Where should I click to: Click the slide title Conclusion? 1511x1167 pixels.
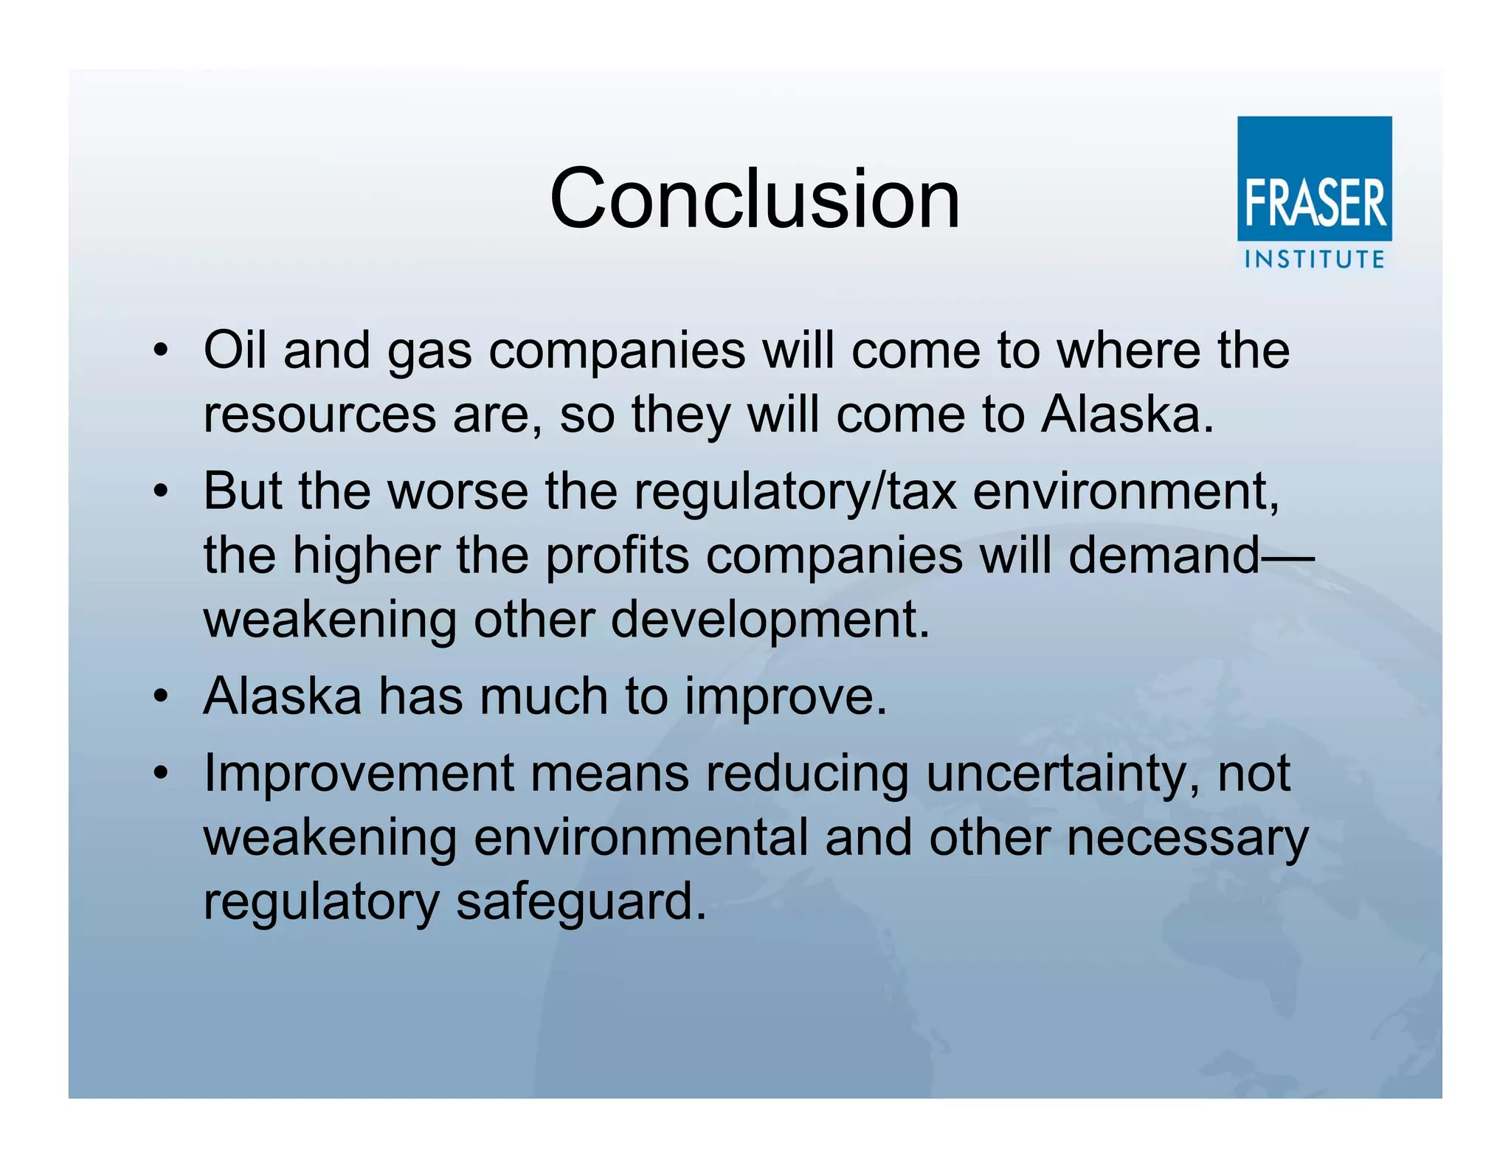pyautogui.click(x=755, y=198)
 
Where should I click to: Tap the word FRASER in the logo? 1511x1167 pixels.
pyautogui.click(x=1314, y=204)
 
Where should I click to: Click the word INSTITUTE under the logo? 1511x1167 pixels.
pyautogui.click(x=1314, y=260)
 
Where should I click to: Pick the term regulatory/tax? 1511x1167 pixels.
pyautogui.click(x=795, y=493)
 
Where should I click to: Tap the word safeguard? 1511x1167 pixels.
pyautogui.click(x=580, y=902)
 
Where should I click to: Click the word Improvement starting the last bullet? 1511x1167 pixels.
pyautogui.click(x=359, y=774)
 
